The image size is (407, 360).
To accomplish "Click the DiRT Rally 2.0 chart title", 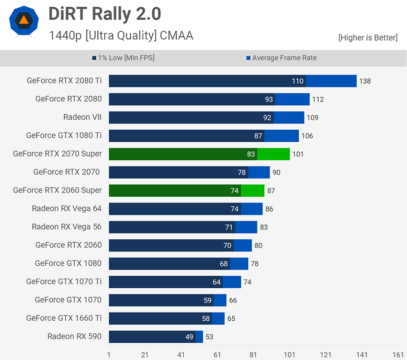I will pos(104,14).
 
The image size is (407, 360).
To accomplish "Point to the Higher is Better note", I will pos(368,37).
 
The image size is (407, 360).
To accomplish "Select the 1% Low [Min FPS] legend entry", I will pos(123,58).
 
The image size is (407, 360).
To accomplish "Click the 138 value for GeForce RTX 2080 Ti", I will pos(365,81).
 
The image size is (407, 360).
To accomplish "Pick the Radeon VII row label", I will pos(82,117).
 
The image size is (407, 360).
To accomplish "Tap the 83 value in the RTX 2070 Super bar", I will pos(251,154).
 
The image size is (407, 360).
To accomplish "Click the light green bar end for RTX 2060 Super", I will pos(252,191).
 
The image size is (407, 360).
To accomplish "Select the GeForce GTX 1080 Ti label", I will pos(64,135).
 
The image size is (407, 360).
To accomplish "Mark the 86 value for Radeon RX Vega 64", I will pos(269,209).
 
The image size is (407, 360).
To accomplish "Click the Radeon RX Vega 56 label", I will pos(67,227).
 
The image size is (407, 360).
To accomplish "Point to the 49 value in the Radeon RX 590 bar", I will pos(189,337).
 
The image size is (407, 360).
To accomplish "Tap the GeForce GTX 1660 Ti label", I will pos(64,318).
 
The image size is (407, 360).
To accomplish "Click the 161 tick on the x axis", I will pos(398,355).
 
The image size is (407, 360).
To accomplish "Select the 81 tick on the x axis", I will pos(253,355).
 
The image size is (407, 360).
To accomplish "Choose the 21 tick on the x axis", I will pos(145,355).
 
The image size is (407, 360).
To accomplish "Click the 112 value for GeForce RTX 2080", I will pos(318,99).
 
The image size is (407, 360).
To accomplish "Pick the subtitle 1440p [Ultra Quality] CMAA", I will pos(121,35).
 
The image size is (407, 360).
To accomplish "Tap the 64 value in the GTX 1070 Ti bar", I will pos(216,282).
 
